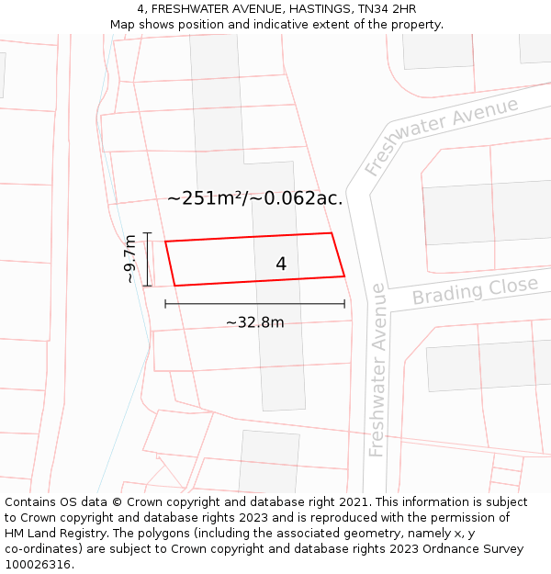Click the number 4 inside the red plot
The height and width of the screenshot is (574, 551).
[281, 264]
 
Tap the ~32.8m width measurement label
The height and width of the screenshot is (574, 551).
[254, 322]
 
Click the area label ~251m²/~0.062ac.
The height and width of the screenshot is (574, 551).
[254, 198]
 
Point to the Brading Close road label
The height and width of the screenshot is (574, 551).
[474, 291]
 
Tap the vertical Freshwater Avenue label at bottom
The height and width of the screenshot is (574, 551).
[377, 369]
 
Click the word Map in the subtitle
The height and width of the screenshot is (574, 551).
[123, 24]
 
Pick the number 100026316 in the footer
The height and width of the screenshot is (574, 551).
[37, 564]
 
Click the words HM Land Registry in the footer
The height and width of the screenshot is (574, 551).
[51, 533]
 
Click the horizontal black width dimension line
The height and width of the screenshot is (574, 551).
[254, 303]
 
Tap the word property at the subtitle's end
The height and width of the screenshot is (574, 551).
[415, 24]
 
